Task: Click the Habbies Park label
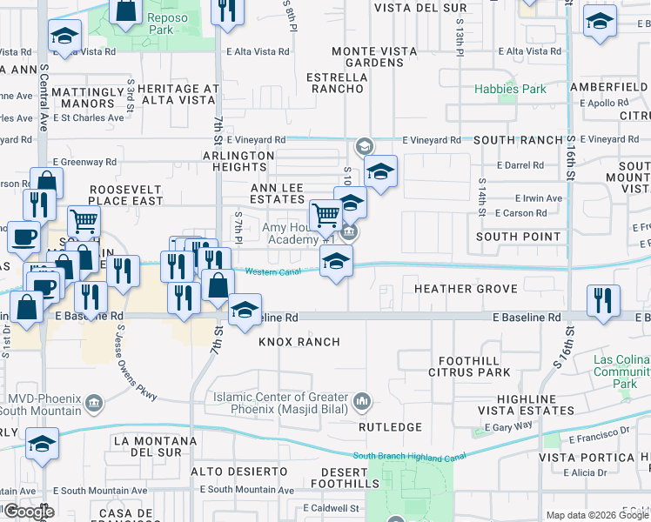click(510, 89)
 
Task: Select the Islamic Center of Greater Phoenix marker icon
click(363, 402)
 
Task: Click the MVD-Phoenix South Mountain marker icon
click(95, 403)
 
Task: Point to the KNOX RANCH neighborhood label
click(299, 342)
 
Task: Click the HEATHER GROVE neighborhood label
click(466, 289)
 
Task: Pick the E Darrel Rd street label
click(520, 165)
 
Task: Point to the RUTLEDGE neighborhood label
click(391, 427)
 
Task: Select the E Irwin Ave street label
click(539, 198)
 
